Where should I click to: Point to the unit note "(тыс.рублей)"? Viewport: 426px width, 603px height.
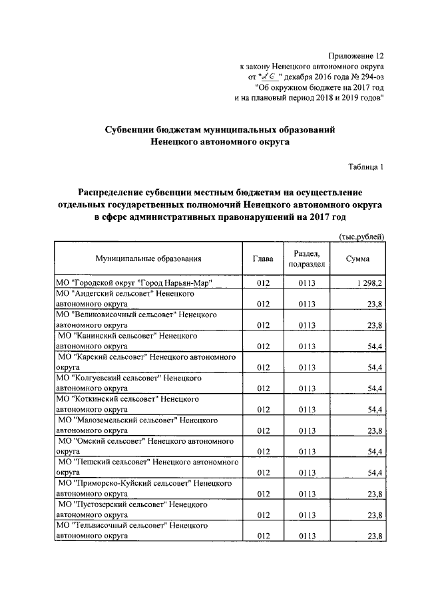[x=362, y=237]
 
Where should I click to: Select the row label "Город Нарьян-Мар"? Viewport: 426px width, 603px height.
[x=133, y=283]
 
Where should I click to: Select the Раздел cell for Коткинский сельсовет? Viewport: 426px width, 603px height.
[x=306, y=409]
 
